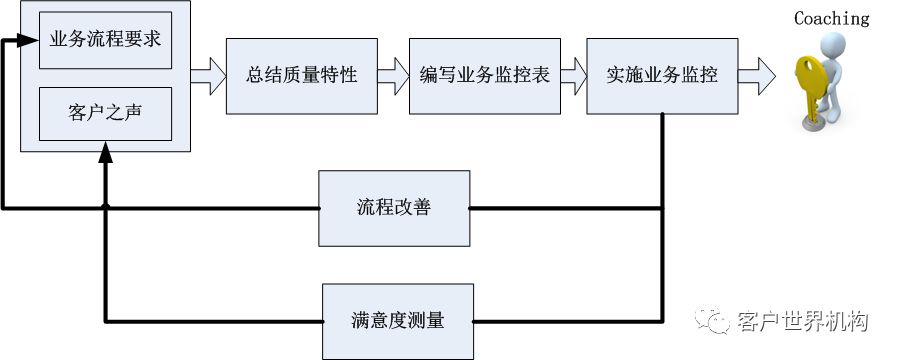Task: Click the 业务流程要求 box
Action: tap(105, 41)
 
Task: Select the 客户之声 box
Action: tap(105, 113)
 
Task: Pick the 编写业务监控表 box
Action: tap(484, 76)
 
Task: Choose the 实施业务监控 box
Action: tap(661, 76)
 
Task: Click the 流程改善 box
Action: tap(394, 208)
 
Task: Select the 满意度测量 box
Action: tap(397, 321)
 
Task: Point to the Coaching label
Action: tap(831, 18)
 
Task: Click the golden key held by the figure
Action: tap(809, 85)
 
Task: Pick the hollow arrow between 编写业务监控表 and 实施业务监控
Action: tap(573, 73)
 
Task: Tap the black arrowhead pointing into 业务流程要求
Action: tap(12, 42)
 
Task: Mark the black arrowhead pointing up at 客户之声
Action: tap(105, 150)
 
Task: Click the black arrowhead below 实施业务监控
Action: tap(662, 121)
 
